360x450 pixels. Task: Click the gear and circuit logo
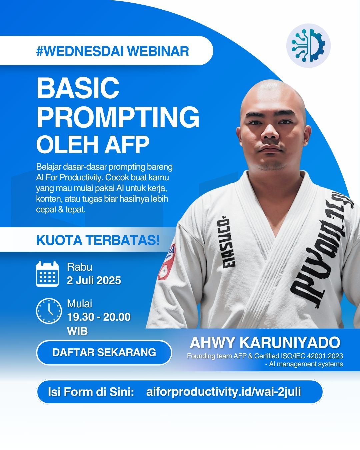pos(308,45)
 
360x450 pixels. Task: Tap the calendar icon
pos(47,274)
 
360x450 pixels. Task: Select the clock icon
pos(49,311)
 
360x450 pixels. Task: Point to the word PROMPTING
pos(118,117)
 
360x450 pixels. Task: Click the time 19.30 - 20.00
pos(99,317)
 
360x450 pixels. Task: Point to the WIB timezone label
pos(77,331)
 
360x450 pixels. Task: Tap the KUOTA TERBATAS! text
pos(98,240)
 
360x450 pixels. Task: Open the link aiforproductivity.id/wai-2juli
pos(223,392)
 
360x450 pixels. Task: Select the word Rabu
pos(79,267)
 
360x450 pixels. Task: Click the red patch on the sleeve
pos(167,262)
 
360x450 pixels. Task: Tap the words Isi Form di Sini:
pos(91,392)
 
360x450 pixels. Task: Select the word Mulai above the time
pos(79,304)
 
